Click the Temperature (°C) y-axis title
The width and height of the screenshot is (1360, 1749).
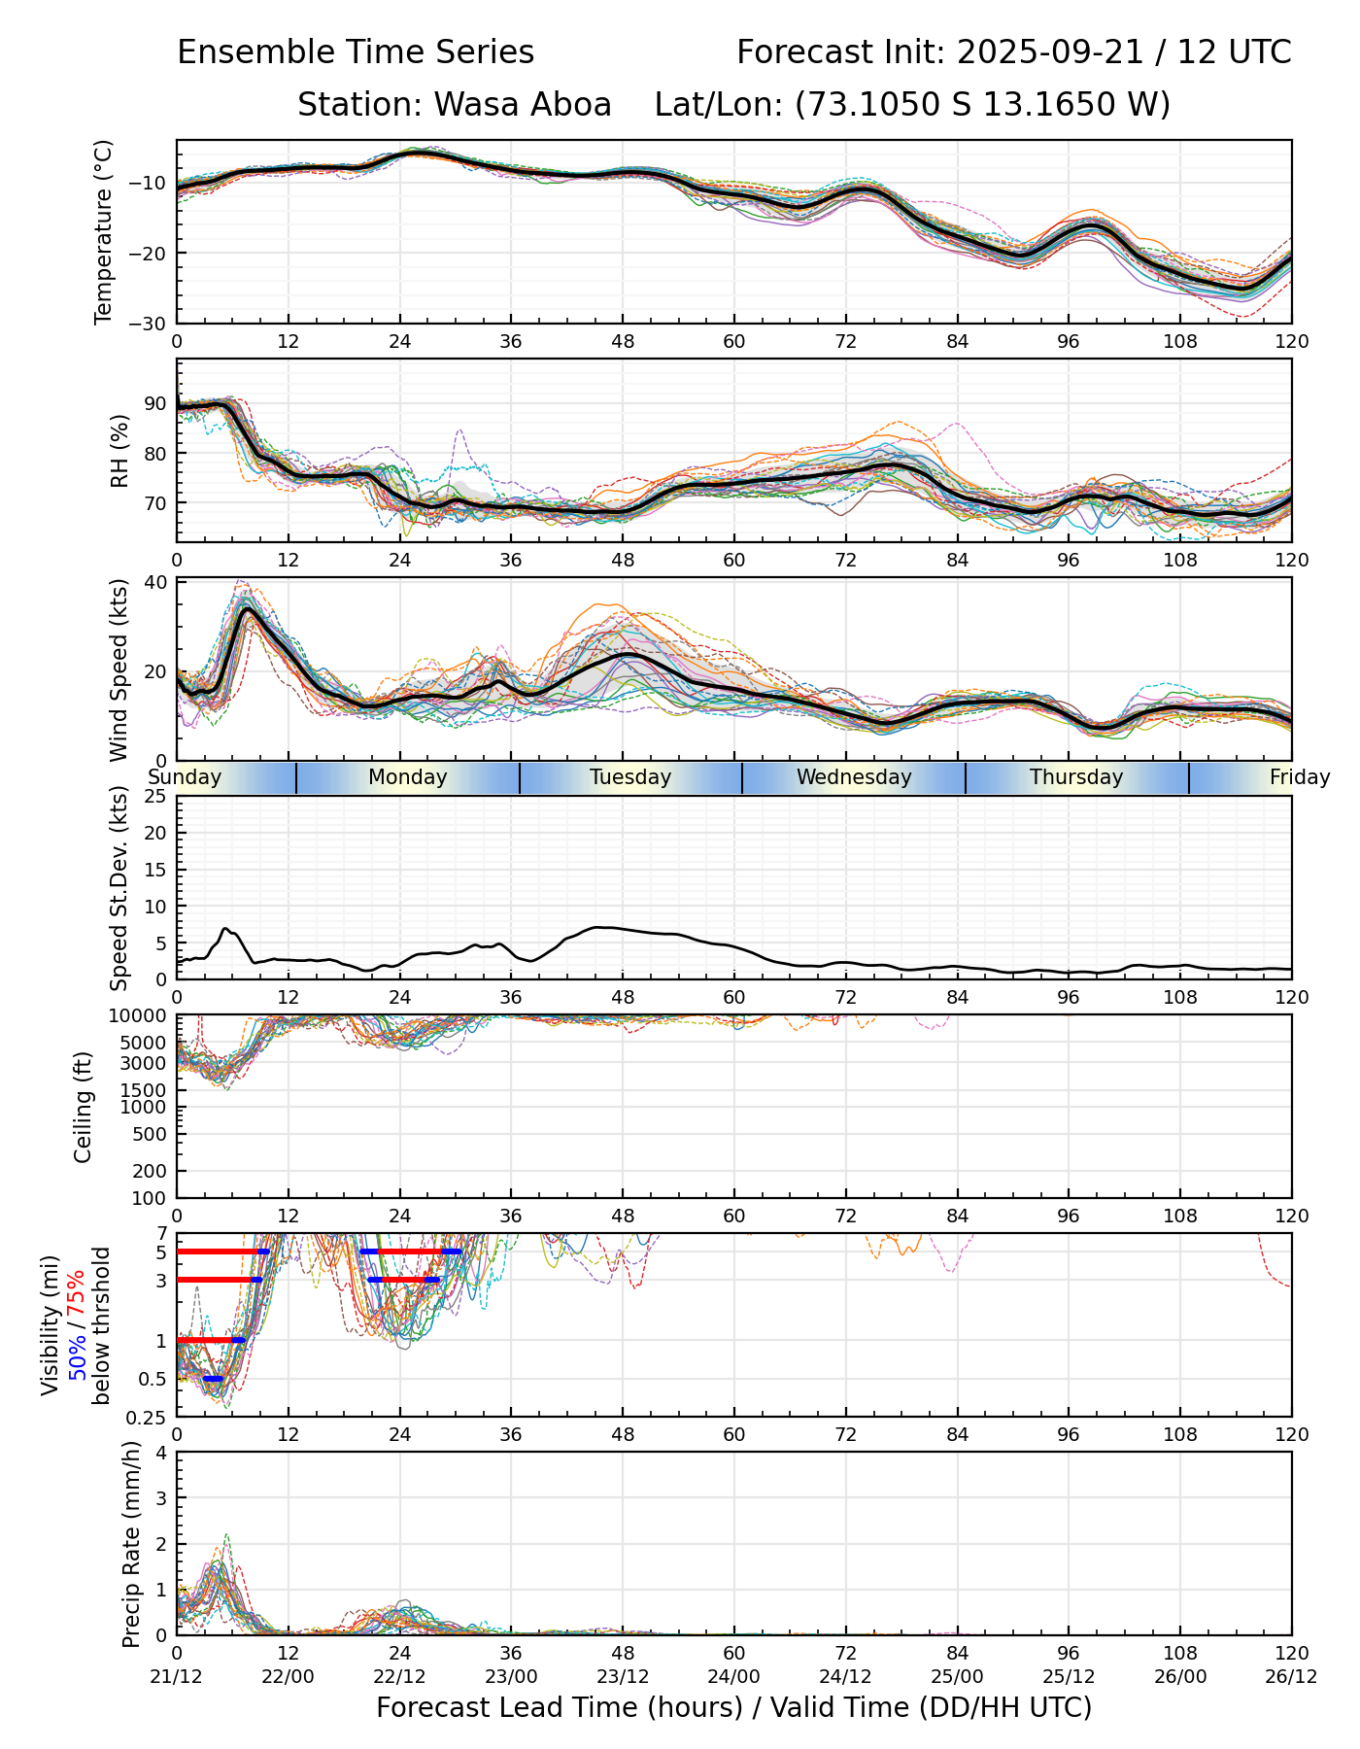pyautogui.click(x=104, y=231)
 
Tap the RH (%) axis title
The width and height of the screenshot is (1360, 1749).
pyautogui.click(x=119, y=451)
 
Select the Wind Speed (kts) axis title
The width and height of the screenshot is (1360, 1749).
pyautogui.click(x=119, y=669)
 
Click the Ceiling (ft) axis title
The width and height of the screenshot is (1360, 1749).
pyautogui.click(x=85, y=1107)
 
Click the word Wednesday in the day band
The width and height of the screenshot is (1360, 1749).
pyautogui.click(x=854, y=777)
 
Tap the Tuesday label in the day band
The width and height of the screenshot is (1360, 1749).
pyautogui.click(x=630, y=777)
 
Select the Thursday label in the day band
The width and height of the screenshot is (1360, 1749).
pyautogui.click(x=1076, y=777)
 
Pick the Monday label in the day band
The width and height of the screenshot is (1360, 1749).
pyautogui.click(x=408, y=777)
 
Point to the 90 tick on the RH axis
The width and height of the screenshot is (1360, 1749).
pyautogui.click(x=155, y=403)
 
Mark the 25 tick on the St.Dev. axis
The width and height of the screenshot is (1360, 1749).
pyautogui.click(x=155, y=797)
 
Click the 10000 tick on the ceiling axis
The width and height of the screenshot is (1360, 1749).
pyautogui.click(x=141, y=1016)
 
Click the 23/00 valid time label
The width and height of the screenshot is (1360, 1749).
pyautogui.click(x=511, y=1676)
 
